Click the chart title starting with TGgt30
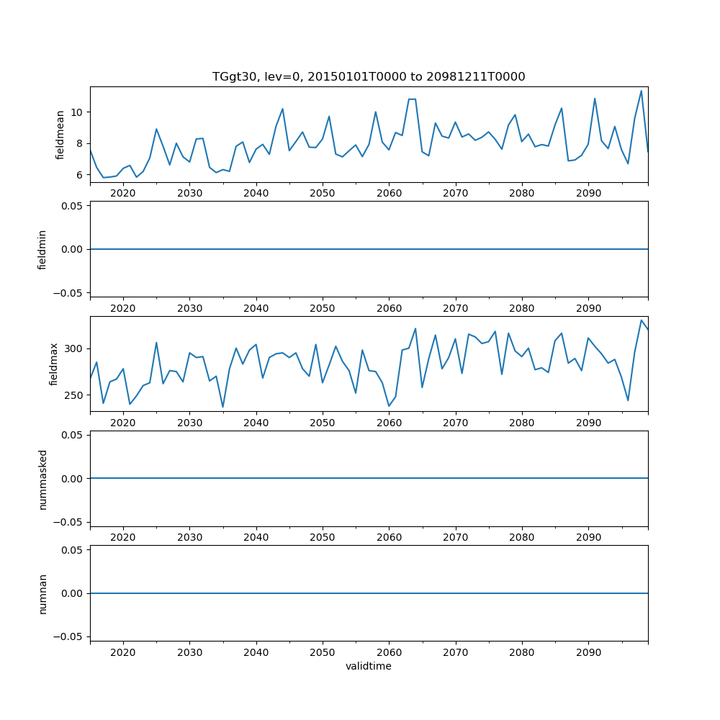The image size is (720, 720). click(369, 76)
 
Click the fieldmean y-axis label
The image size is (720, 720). click(60, 135)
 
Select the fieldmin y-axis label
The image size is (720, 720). click(42, 249)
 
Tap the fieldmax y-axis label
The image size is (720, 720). click(55, 364)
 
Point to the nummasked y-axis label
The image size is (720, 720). click(42, 479)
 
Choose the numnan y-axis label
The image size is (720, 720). click(42, 593)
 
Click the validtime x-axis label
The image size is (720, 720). click(369, 666)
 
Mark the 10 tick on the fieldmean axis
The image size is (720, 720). click(77, 112)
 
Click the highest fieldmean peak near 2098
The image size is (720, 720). click(641, 91)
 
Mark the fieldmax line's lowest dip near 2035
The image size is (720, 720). click(222, 407)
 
